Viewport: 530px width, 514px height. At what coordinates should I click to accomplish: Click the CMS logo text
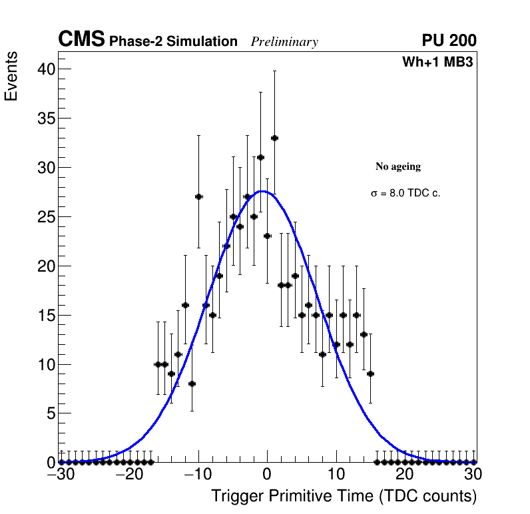point(81,40)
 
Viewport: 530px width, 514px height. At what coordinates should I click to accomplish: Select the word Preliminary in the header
point(284,42)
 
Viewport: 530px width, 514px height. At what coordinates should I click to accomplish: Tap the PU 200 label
point(449,41)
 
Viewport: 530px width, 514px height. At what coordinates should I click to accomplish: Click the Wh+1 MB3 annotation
point(437,63)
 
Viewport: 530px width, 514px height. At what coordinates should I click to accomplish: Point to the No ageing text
point(398,166)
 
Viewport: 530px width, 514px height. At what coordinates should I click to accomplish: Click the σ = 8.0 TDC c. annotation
point(405,193)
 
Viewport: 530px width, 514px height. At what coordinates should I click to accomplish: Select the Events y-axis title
point(11,79)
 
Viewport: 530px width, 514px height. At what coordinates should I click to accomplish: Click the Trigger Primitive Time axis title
point(344,496)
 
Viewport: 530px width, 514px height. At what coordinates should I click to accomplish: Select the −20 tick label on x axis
point(128,475)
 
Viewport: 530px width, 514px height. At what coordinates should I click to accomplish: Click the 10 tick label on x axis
point(337,475)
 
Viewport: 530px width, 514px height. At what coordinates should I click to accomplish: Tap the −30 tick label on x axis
point(59,475)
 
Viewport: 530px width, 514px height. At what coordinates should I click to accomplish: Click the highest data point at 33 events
point(274,138)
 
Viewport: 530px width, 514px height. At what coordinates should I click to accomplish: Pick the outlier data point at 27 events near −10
point(198,196)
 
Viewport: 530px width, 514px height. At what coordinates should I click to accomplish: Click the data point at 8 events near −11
point(192,384)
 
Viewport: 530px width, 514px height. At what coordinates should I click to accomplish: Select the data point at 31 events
point(260,157)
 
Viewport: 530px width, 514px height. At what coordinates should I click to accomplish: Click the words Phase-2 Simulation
point(173,42)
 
